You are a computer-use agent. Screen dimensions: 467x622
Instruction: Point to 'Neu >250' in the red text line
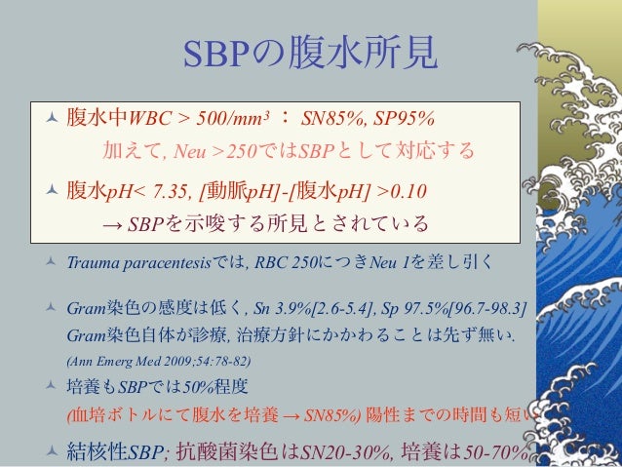coord(212,152)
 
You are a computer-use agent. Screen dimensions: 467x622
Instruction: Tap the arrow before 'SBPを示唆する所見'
coord(112,225)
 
